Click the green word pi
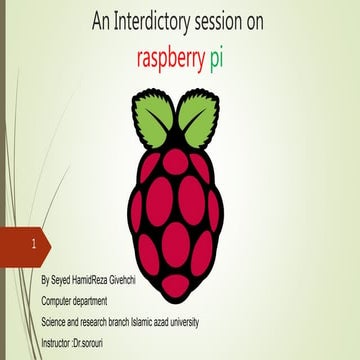216,59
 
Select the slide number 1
36,244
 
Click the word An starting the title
99,21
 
